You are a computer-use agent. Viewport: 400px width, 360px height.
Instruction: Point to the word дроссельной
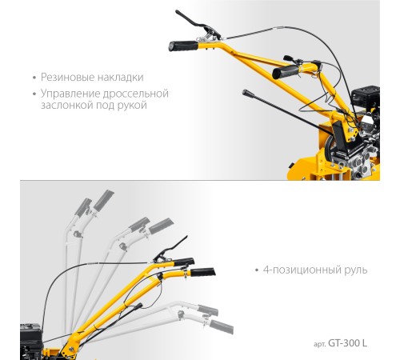136,94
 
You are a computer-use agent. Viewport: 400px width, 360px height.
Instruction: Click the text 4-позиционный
298,270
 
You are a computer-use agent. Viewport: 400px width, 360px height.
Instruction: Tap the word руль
351,270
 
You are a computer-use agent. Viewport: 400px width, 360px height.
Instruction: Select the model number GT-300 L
347,343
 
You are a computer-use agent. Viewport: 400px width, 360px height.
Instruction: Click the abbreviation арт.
320,344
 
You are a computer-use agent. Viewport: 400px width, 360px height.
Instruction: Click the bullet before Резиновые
34,78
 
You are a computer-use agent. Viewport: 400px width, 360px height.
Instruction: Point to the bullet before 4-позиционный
257,270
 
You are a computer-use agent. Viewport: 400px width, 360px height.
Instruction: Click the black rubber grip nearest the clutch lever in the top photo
183,46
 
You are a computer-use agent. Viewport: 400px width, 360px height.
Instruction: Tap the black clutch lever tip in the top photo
178,12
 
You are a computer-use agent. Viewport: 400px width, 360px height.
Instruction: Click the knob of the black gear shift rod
246,93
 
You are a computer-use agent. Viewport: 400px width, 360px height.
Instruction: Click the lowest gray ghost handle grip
222,326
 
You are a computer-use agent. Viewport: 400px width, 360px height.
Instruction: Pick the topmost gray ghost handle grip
104,199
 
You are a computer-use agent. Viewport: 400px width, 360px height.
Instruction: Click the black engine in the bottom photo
31,342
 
